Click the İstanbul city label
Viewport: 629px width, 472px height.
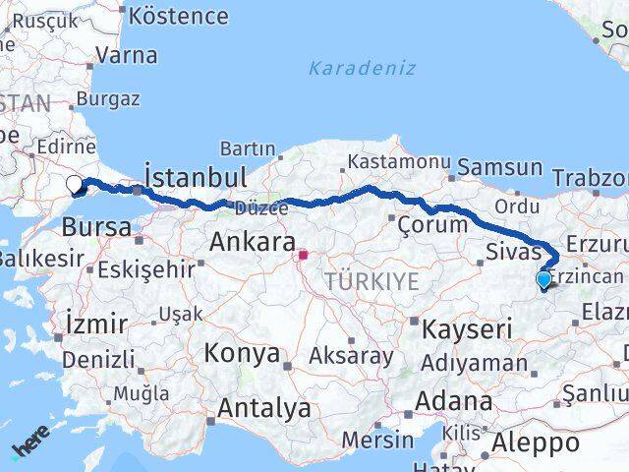[x=195, y=177]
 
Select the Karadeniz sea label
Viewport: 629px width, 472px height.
[x=362, y=69]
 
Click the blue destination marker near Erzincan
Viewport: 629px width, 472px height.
[x=543, y=279]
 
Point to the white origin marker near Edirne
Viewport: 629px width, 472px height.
[x=74, y=182]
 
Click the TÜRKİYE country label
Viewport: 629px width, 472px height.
[x=372, y=281]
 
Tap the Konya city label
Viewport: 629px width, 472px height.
[x=242, y=354]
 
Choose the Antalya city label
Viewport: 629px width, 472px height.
[x=264, y=408]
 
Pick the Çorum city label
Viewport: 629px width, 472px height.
[x=432, y=224]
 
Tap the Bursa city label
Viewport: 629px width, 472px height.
[x=95, y=227]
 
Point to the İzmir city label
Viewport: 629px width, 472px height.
[x=95, y=323]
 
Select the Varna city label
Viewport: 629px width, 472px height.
[x=127, y=55]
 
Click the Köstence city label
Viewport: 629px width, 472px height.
[x=178, y=17]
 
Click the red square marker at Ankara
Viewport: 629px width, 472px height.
[x=304, y=256]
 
